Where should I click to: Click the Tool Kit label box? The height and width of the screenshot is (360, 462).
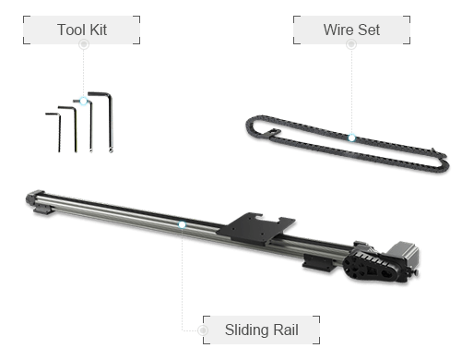(82, 30)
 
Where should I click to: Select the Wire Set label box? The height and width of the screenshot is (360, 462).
(351, 30)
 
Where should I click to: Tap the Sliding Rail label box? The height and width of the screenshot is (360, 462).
(261, 330)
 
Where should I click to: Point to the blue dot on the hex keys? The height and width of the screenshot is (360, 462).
(83, 101)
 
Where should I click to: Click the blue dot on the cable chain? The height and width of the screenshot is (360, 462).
(351, 138)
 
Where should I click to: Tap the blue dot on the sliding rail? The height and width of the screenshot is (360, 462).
(182, 225)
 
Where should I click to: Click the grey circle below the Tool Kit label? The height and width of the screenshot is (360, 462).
(84, 44)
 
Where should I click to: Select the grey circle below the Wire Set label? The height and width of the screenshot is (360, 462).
(351, 44)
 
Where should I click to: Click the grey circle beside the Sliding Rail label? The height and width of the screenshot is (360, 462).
(203, 330)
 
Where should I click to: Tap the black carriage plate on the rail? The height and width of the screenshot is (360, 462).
(255, 228)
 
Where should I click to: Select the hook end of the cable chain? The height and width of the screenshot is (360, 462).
(273, 133)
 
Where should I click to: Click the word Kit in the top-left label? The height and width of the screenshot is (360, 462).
(99, 30)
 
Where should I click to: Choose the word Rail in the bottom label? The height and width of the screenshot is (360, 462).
(286, 330)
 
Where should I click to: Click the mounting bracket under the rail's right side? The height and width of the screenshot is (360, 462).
(317, 263)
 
